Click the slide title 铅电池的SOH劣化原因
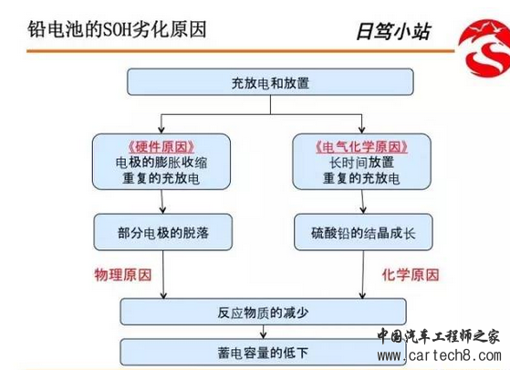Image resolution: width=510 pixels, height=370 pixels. pos(117,30)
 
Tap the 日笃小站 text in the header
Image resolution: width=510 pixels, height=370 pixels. pos(393,32)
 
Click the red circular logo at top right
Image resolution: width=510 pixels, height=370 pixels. pos(484,48)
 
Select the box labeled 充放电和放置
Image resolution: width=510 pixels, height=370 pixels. pos(270,81)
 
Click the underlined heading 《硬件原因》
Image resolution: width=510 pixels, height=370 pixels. pos(161,147)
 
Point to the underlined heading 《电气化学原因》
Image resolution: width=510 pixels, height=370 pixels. pos(361,147)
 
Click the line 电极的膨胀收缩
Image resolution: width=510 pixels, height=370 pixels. pos(161,163)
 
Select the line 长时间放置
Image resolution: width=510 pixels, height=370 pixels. pos(361,163)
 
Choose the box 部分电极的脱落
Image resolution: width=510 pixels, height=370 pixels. pos(163,232)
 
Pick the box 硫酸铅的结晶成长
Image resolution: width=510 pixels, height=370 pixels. pos(363,232)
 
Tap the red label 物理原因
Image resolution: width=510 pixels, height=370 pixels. pos(123,275)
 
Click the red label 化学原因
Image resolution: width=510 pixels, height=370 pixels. pos(411,275)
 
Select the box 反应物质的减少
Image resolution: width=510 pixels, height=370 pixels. pos(263,312)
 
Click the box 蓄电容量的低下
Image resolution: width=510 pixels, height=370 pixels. pos(263,352)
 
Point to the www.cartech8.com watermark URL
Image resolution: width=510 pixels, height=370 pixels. pos(440,355)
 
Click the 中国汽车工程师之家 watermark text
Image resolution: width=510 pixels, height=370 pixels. pos(439,335)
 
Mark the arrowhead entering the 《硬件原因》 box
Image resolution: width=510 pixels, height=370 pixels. pos(161,130)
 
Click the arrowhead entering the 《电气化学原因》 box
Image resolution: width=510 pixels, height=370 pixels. pos(361,130)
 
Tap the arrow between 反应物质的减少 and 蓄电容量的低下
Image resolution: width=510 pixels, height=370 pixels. pos(264,332)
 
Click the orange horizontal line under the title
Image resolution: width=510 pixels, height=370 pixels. pos(241,51)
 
